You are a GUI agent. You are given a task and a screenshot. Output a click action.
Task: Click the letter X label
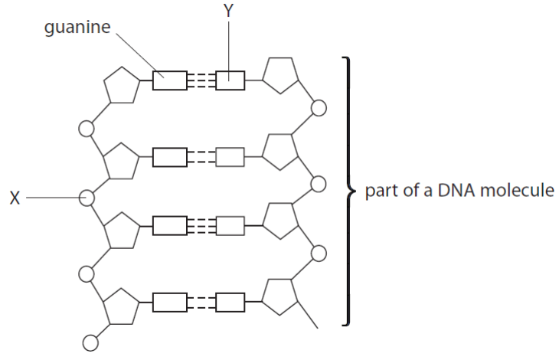(15, 198)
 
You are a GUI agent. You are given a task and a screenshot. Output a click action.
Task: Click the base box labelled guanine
(169, 80)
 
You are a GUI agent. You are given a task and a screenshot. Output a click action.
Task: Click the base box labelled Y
(230, 80)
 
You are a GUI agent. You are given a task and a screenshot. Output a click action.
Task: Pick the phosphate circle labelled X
(87, 198)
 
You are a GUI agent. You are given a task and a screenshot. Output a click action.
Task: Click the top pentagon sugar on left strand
(122, 84)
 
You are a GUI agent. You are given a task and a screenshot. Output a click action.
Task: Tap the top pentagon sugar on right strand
(280, 74)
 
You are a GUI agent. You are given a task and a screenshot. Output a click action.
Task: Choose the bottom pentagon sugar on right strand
(280, 295)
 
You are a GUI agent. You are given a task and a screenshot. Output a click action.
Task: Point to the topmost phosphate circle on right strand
(319, 108)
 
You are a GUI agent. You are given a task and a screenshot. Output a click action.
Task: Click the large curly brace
(348, 190)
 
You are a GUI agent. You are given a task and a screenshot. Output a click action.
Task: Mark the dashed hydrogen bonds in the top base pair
(201, 80)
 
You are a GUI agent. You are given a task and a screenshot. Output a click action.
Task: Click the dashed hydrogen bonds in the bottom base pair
(201, 303)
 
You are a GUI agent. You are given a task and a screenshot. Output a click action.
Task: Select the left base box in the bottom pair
(169, 303)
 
